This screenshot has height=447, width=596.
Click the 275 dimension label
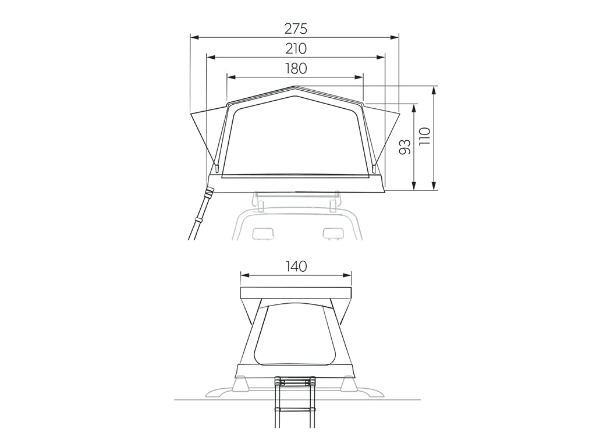pos(295,29)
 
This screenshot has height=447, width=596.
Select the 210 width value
pos(295,48)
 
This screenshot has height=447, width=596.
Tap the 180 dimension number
pos(295,68)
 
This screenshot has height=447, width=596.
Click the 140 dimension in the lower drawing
pos(296,267)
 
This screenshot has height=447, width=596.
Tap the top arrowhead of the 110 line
pos(434,90)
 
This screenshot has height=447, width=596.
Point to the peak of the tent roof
pos(295,87)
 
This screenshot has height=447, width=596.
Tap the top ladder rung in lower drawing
pos(295,382)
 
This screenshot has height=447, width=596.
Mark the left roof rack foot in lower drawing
pos(239,385)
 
